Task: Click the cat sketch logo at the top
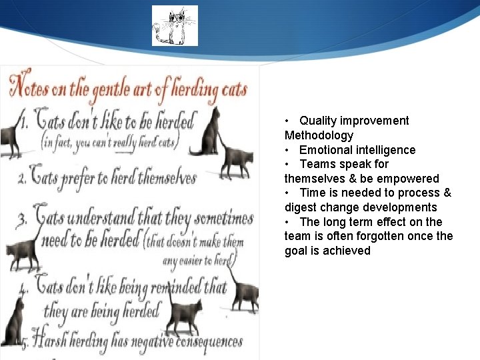click(175, 25)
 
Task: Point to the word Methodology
click(319, 135)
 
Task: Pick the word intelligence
click(385, 150)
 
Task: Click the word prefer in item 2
click(89, 178)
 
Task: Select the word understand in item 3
click(101, 217)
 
